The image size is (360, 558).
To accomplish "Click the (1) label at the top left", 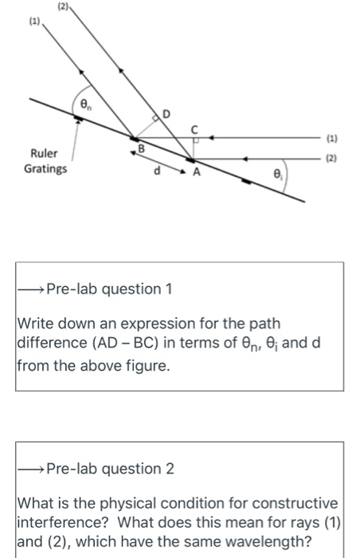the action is point(33,22).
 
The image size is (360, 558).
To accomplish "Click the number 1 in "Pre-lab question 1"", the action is point(168,289).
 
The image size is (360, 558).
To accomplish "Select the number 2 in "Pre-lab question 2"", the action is point(169,468).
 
